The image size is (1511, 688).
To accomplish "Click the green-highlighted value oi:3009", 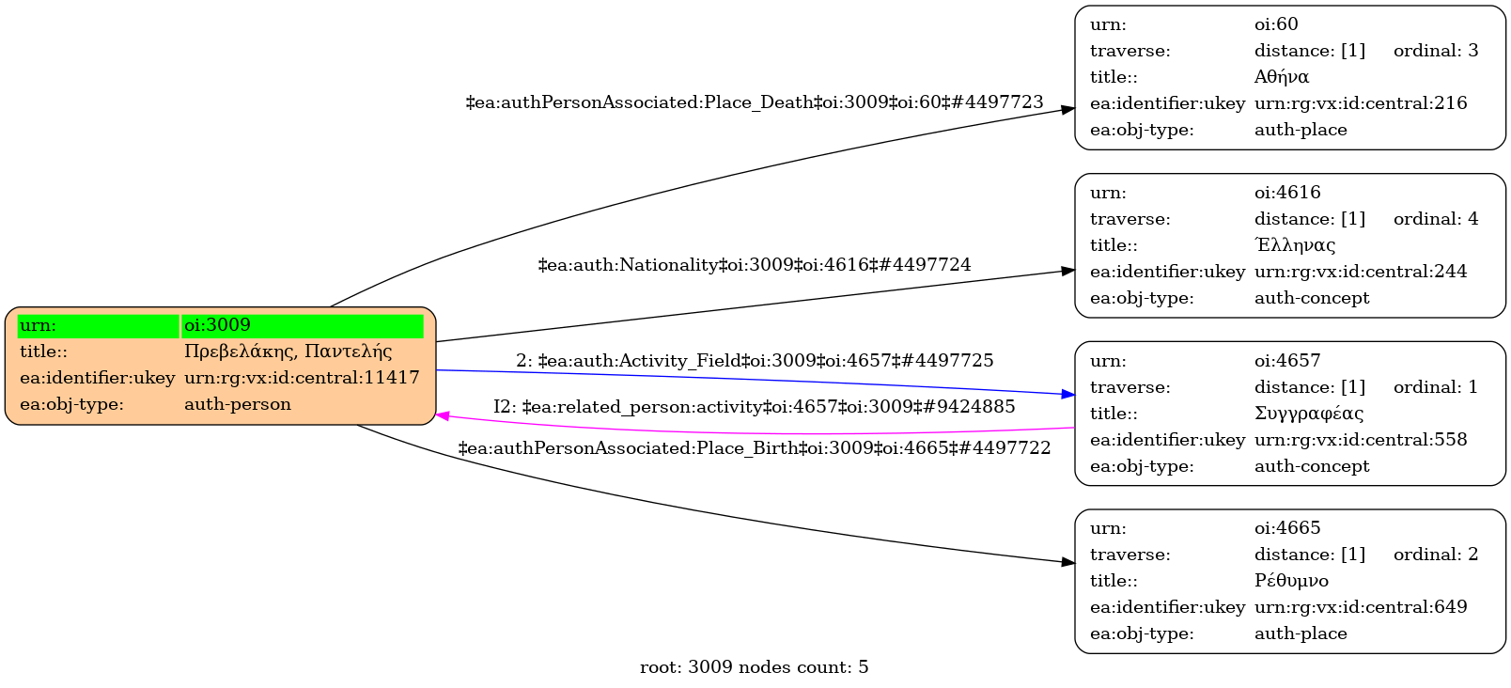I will [x=218, y=325].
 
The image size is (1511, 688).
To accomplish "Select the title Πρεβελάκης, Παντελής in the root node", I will [x=288, y=352].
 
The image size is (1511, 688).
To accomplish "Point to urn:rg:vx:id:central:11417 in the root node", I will [x=302, y=378].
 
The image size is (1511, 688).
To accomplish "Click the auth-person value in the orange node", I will [x=238, y=404].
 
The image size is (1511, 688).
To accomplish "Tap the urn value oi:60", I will [x=1276, y=24].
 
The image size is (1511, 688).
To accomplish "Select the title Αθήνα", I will [x=1282, y=77].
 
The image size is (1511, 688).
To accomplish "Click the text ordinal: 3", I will [x=1436, y=51].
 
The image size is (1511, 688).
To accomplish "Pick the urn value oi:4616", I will [x=1287, y=193].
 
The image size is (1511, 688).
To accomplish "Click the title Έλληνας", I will [x=1295, y=245].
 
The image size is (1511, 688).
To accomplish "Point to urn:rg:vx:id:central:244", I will [x=1361, y=272].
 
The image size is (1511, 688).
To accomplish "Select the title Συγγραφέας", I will [x=1309, y=414].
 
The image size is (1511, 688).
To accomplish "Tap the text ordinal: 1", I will [x=1436, y=387].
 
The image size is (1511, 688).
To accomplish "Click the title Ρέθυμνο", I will [x=1291, y=581].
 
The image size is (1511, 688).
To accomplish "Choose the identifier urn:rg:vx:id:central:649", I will [x=1361, y=607].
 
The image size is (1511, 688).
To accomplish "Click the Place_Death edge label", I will [x=755, y=102].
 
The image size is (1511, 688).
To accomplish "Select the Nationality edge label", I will [x=755, y=265].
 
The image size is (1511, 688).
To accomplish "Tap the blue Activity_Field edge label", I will [x=755, y=361].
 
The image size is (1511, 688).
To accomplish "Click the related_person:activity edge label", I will [x=755, y=407].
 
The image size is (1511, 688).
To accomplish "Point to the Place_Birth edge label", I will [x=755, y=448].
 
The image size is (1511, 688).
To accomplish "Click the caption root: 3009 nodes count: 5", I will [x=755, y=667].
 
